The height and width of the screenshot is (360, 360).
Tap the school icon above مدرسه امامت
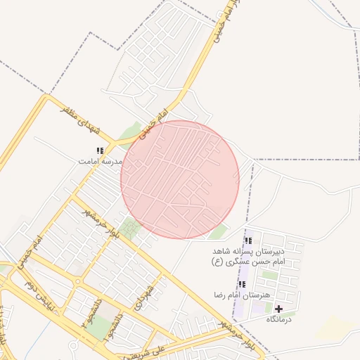click(100, 150)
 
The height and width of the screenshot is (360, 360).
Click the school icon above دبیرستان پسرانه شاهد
click(247, 240)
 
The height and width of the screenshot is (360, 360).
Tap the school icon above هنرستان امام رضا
click(243, 284)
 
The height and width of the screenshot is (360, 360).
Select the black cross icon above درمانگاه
click(278, 309)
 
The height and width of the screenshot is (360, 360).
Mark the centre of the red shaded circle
click(180, 180)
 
